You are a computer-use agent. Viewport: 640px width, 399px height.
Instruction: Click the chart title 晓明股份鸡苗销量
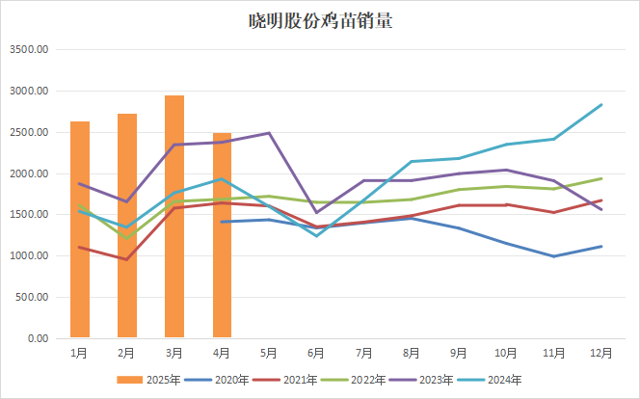click(x=319, y=21)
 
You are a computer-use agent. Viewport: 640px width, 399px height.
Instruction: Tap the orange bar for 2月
click(x=127, y=226)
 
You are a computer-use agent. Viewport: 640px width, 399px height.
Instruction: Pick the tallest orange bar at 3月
click(x=174, y=217)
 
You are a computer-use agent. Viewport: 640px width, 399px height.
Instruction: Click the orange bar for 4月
click(x=222, y=235)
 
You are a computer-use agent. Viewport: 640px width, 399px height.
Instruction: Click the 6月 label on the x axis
click(x=316, y=354)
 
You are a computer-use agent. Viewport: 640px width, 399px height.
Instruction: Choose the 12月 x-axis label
click(x=600, y=354)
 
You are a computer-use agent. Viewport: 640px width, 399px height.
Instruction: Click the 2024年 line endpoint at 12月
click(x=601, y=105)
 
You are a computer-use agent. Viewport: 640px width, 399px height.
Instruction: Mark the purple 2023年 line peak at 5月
click(x=269, y=133)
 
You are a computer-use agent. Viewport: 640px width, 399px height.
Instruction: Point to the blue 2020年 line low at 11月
click(x=553, y=256)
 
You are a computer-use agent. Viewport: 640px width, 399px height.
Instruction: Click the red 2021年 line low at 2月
click(x=127, y=259)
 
